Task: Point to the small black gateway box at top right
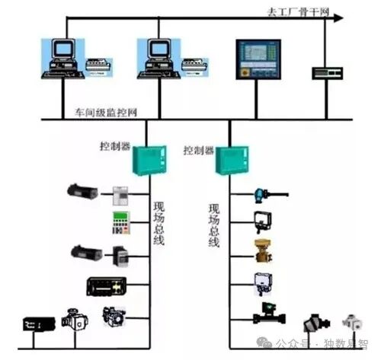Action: click(326, 73)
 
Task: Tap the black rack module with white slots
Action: click(104, 286)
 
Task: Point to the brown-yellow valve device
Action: click(263, 250)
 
